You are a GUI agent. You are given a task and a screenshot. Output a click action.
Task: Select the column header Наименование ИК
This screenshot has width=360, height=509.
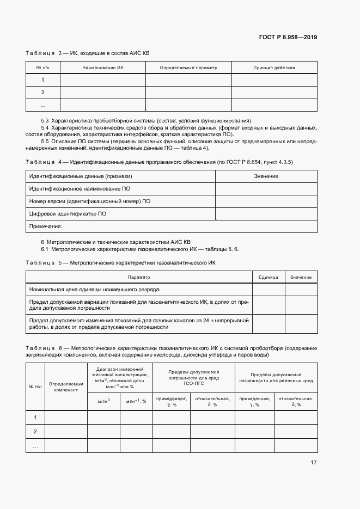(103, 68)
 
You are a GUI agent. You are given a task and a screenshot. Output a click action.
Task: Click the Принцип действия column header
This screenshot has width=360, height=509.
(274, 68)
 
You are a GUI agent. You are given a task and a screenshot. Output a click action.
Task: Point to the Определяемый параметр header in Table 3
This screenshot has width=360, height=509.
(188, 68)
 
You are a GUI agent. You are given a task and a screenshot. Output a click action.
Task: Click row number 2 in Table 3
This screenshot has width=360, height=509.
(43, 92)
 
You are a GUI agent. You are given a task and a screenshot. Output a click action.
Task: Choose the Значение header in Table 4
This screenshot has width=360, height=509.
(266, 176)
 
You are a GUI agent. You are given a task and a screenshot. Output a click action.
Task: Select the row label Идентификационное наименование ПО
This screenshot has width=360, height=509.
(80, 188)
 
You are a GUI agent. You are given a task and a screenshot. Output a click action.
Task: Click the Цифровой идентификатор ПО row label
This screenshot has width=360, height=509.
(68, 214)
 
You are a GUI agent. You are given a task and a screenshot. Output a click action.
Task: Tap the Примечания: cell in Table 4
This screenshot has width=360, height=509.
(46, 226)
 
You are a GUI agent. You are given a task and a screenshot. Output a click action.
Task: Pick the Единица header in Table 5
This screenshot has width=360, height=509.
(268, 277)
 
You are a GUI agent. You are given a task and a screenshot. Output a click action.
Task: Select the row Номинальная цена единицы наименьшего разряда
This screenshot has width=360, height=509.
(94, 289)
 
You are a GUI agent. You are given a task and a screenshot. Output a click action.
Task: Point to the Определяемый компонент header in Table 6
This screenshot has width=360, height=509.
(65, 387)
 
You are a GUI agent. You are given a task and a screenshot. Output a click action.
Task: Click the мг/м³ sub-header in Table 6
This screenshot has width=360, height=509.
(103, 401)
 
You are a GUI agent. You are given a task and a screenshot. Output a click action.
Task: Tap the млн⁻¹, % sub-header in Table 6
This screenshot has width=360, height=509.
(136, 401)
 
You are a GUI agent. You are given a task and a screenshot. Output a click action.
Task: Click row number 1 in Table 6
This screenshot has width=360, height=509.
(35, 418)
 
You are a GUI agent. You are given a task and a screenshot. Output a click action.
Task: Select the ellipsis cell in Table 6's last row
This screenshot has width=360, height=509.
(35, 446)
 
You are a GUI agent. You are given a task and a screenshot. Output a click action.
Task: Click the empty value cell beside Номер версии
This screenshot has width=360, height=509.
(266, 201)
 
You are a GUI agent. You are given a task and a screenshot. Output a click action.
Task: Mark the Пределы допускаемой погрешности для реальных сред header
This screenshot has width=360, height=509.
(276, 378)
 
